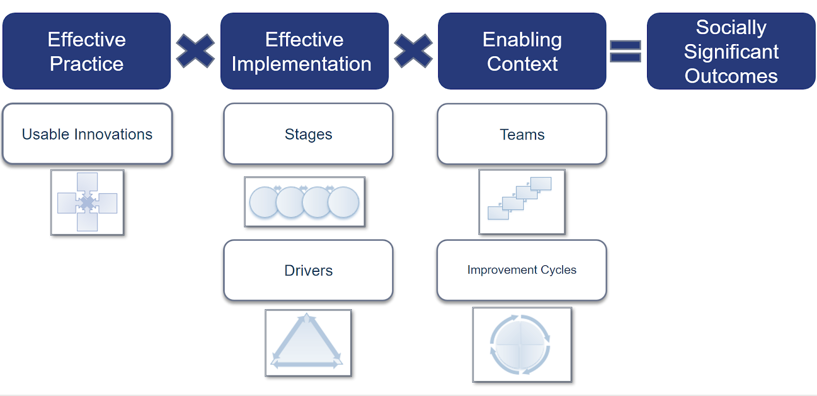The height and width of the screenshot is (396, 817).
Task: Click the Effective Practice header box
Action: (x=86, y=51)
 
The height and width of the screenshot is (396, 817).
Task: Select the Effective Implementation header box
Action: (x=304, y=51)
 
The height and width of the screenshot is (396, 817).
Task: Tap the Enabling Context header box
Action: (x=522, y=51)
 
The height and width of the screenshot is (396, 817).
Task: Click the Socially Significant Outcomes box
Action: (x=731, y=51)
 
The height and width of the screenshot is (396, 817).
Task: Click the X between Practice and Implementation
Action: (x=195, y=51)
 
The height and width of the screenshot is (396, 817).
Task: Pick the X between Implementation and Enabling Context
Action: (x=413, y=51)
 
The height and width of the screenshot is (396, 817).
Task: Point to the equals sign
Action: (x=626, y=52)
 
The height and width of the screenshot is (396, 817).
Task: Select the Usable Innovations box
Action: (x=87, y=134)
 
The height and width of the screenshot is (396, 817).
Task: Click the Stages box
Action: (x=308, y=134)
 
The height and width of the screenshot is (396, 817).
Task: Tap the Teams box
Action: (x=522, y=134)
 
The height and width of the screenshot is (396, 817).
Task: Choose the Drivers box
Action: (x=308, y=270)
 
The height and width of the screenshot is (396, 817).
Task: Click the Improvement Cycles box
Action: (x=521, y=270)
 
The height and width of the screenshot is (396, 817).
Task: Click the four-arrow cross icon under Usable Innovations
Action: (x=87, y=202)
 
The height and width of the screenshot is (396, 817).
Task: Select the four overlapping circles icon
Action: (x=304, y=202)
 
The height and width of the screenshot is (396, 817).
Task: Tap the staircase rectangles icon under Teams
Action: (x=521, y=202)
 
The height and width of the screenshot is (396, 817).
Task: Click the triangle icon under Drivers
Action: (x=308, y=343)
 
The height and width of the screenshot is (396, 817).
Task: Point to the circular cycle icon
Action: (x=521, y=344)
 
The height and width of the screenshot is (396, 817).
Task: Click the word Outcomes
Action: (x=731, y=76)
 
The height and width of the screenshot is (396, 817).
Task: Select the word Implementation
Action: (x=301, y=64)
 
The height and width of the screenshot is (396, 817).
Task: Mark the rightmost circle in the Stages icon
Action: (x=344, y=202)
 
